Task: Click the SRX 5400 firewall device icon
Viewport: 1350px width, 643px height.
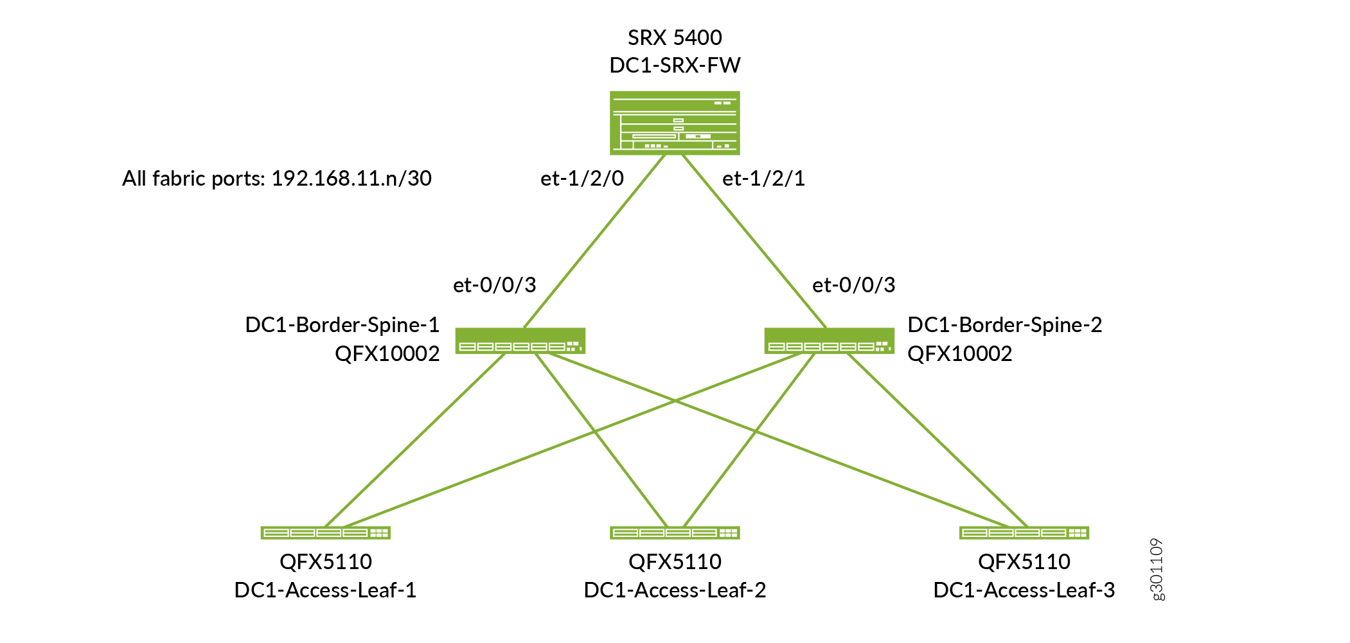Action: pos(675,123)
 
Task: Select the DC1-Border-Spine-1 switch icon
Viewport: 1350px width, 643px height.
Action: pos(520,341)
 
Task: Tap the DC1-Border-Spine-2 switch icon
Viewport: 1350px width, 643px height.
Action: pos(829,341)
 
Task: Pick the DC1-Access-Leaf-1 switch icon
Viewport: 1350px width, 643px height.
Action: pos(325,533)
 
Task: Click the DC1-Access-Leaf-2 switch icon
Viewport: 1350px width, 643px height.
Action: pos(675,533)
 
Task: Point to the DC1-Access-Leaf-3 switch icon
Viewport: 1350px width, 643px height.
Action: pos(1024,533)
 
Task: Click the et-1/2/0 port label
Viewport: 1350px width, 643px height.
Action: pos(582,179)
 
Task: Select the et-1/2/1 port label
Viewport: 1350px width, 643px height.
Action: pos(763,179)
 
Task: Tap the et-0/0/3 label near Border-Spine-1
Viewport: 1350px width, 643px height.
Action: pos(494,285)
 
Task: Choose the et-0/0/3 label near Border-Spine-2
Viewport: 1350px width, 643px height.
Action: pos(853,285)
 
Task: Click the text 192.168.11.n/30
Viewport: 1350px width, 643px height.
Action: pos(351,179)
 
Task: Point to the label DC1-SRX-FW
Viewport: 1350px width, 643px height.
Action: pos(675,65)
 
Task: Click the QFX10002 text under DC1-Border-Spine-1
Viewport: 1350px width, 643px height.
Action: pos(387,354)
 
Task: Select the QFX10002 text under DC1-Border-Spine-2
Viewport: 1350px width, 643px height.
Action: pos(959,354)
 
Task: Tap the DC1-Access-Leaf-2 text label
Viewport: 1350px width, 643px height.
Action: pos(675,590)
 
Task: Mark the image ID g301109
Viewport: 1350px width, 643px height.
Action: pos(1157,569)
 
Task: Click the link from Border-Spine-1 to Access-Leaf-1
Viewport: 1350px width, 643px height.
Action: pos(415,440)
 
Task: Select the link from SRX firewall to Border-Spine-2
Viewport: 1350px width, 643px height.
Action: pos(753,241)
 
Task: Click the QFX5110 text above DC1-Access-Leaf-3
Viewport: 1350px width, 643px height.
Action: pos(1024,562)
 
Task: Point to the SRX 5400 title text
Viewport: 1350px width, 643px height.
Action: pos(675,38)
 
